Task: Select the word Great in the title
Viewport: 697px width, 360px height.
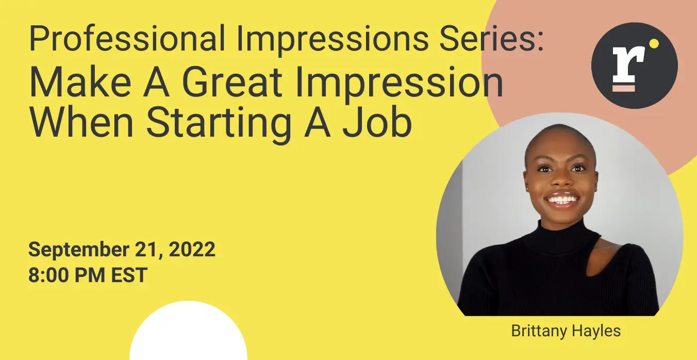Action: tap(232, 82)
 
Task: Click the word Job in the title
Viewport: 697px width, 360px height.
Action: tap(377, 122)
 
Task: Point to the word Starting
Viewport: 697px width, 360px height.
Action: tap(219, 125)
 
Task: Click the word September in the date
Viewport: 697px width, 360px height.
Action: tap(79, 250)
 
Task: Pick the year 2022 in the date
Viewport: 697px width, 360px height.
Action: tap(192, 249)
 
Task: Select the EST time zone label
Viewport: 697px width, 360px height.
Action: tap(129, 275)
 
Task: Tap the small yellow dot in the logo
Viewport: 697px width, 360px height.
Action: tap(654, 44)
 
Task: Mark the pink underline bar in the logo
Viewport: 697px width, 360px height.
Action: tap(624, 88)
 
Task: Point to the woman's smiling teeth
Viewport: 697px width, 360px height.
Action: tap(563, 199)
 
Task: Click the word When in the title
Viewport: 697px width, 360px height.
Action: tap(81, 122)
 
